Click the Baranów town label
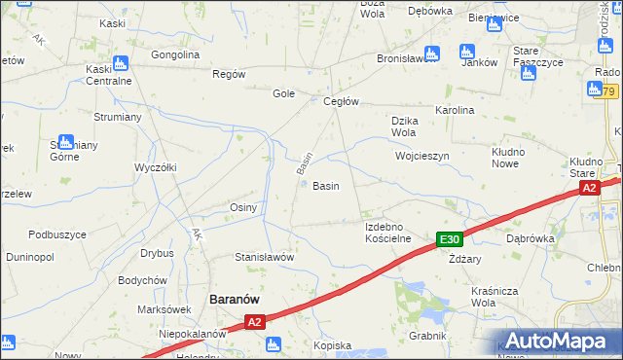tap(234, 301)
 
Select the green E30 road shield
tap(449, 239)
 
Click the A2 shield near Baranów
tap(254, 322)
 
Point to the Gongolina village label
tap(175, 54)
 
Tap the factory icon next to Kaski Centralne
tap(121, 64)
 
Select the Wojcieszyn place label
tap(421, 156)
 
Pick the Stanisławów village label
tap(264, 257)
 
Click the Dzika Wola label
tap(404, 126)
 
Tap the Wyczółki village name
tap(155, 167)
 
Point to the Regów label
tap(228, 74)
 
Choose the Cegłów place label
tap(342, 101)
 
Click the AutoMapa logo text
tap(558, 342)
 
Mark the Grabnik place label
tap(427, 336)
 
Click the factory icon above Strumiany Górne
tap(65, 142)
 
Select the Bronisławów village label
tap(410, 58)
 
